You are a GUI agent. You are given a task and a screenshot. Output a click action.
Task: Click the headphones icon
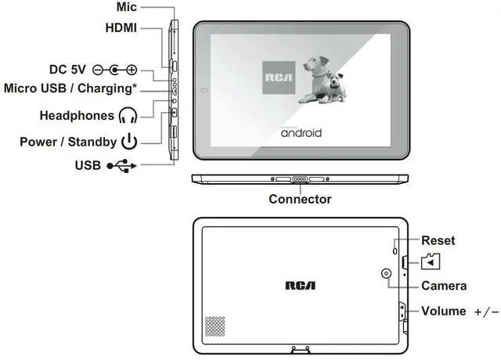pyautogui.click(x=128, y=116)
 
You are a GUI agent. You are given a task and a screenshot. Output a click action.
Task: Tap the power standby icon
pyautogui.click(x=129, y=142)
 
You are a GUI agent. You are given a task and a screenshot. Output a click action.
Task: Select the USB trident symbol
pyautogui.click(x=121, y=165)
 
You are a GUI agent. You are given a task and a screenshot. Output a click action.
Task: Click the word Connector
pyautogui.click(x=300, y=200)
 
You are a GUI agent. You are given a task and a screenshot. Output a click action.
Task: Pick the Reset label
pyautogui.click(x=438, y=241)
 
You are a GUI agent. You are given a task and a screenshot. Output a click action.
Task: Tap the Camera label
pyautogui.click(x=444, y=286)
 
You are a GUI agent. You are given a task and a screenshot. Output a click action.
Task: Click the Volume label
pyautogui.click(x=444, y=311)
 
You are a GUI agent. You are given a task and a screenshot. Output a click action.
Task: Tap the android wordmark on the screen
pyautogui.click(x=301, y=132)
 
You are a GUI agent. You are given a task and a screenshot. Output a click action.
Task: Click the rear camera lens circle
pyautogui.click(x=387, y=273)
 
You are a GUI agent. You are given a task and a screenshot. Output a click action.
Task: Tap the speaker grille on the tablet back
pyautogui.click(x=214, y=327)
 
